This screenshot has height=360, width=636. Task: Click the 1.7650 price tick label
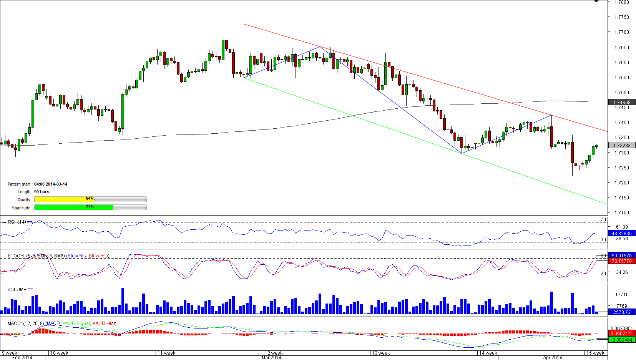(x=621, y=48)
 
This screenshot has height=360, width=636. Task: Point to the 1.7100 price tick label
(x=621, y=213)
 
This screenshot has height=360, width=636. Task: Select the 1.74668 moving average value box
(x=622, y=103)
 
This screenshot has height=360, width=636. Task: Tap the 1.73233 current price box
(x=622, y=146)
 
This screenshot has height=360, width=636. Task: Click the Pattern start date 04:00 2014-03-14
(x=51, y=184)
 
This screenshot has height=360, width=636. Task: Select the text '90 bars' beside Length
(x=42, y=192)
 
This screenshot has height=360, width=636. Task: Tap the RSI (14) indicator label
(x=17, y=222)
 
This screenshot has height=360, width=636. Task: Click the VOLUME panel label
(x=17, y=290)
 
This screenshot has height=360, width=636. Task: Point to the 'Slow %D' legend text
(x=99, y=256)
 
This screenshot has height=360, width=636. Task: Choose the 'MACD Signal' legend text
(x=76, y=324)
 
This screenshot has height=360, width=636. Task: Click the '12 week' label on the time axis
(x=274, y=353)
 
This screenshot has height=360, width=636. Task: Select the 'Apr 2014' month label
(x=553, y=358)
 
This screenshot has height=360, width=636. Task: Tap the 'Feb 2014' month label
(x=22, y=358)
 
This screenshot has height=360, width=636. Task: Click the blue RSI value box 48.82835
(x=622, y=234)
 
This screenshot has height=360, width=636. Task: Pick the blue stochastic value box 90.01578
(x=622, y=256)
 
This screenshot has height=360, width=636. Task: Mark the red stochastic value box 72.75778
(x=622, y=261)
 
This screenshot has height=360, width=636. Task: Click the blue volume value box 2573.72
(x=622, y=312)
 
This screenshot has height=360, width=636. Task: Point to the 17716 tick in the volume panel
(x=622, y=295)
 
